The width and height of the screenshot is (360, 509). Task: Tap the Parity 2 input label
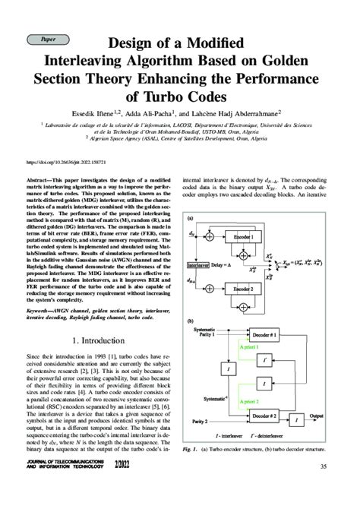point(201,420)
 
